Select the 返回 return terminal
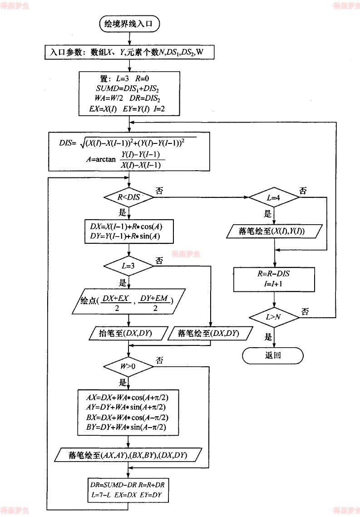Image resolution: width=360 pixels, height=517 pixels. click(272, 355)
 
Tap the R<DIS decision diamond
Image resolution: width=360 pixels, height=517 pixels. click(130, 197)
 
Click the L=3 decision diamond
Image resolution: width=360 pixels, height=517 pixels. click(129, 266)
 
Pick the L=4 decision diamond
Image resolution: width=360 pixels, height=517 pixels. click(273, 198)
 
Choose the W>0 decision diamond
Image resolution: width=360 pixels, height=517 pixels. click(129, 366)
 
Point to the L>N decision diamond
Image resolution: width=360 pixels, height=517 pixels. click(273, 318)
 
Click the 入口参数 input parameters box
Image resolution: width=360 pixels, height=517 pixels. click(129, 52)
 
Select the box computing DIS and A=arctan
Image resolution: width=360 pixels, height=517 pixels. click(129, 152)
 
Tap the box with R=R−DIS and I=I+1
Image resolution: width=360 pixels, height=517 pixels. click(274, 279)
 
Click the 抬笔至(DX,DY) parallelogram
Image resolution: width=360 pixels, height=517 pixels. click(125, 333)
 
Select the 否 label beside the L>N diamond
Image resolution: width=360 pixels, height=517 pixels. click(305, 312)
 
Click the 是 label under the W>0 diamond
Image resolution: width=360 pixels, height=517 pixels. click(123, 382)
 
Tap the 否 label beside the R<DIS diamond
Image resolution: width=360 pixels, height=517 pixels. click(159, 191)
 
